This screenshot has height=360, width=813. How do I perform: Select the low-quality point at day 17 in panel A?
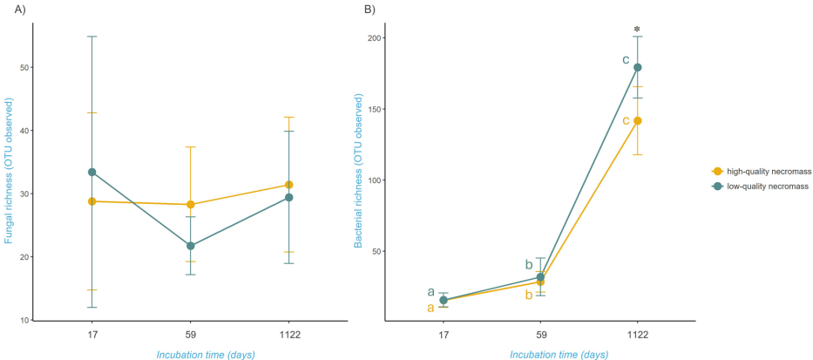point(91,172)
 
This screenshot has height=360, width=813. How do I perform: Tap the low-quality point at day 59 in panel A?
point(190,246)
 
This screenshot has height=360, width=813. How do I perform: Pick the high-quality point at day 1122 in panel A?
point(288,185)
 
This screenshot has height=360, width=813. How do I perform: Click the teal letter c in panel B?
point(625,60)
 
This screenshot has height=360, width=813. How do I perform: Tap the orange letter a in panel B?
point(430,308)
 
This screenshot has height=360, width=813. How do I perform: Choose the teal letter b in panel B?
point(528,265)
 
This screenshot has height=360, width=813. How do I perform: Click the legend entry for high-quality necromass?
point(761,172)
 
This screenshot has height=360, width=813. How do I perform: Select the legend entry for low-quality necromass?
point(761,186)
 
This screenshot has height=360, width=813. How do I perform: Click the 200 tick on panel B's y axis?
point(373,38)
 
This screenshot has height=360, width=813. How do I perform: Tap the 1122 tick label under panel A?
point(288,335)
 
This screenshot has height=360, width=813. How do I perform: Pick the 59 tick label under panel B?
point(540,335)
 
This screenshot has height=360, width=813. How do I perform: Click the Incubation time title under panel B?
point(559,354)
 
